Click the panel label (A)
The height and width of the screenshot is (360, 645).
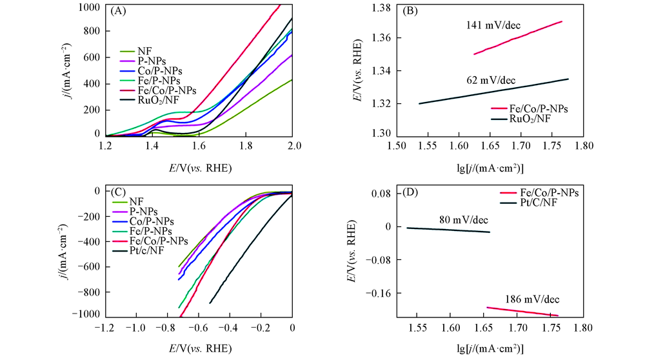click(118, 12)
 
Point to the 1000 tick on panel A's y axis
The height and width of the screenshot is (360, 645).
click(90, 6)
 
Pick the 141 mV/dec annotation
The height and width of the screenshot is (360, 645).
click(493, 27)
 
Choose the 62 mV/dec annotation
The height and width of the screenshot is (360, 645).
click(491, 80)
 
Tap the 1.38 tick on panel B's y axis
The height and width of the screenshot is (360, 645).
click(381, 7)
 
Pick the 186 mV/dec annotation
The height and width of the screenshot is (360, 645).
click(532, 299)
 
